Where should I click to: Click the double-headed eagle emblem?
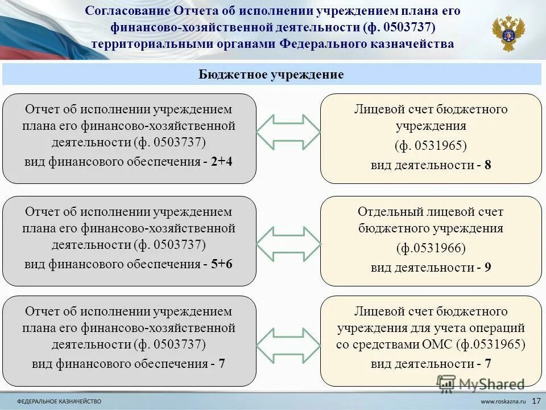click(x=508, y=33)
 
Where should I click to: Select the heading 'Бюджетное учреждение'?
click(x=271, y=75)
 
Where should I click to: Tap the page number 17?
click(x=536, y=401)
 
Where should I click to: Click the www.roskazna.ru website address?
click(x=501, y=401)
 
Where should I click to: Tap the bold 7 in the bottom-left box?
click(x=222, y=364)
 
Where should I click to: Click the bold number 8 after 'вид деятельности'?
click(x=488, y=166)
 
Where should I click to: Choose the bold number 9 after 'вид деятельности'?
click(x=488, y=268)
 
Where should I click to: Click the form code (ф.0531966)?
click(x=431, y=248)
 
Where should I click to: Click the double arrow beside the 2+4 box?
click(x=288, y=133)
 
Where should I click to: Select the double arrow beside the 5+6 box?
click(x=288, y=244)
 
